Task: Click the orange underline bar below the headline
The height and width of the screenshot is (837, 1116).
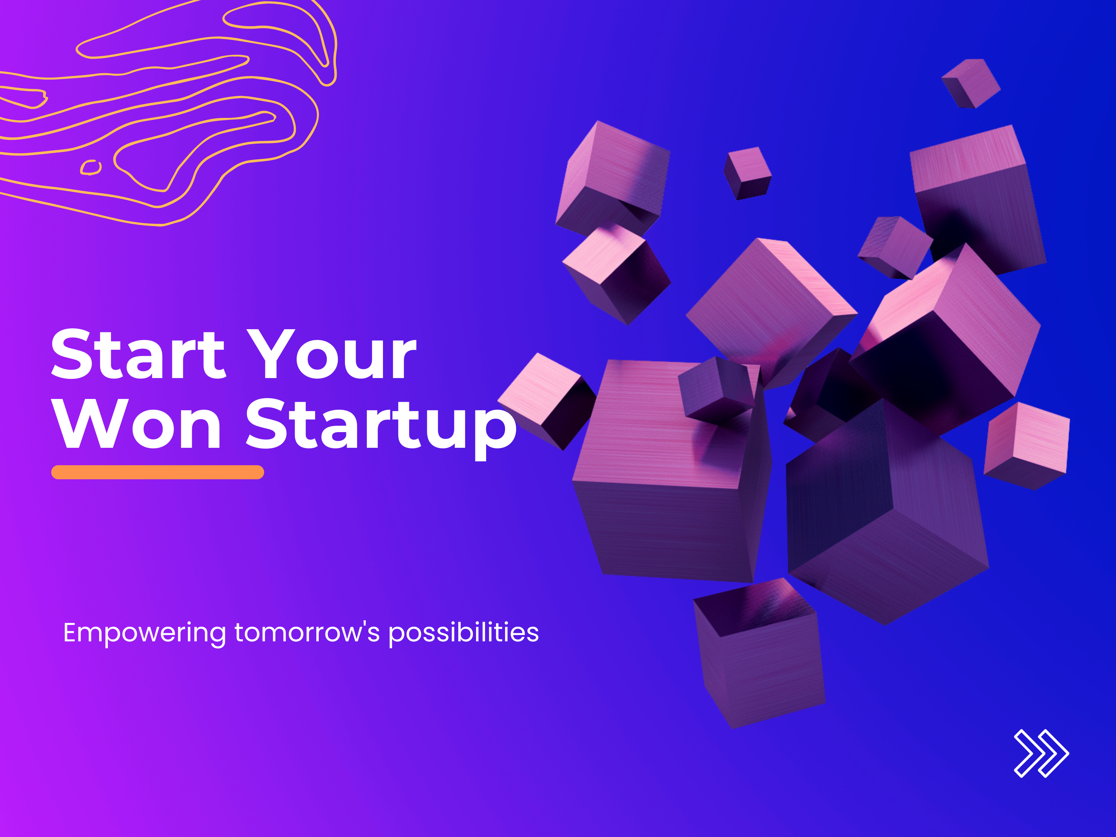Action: [157, 472]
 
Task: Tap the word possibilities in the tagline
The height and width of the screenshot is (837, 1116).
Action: [463, 633]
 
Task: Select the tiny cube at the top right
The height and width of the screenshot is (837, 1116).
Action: [971, 83]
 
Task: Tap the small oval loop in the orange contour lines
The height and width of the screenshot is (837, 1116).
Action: [91, 167]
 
